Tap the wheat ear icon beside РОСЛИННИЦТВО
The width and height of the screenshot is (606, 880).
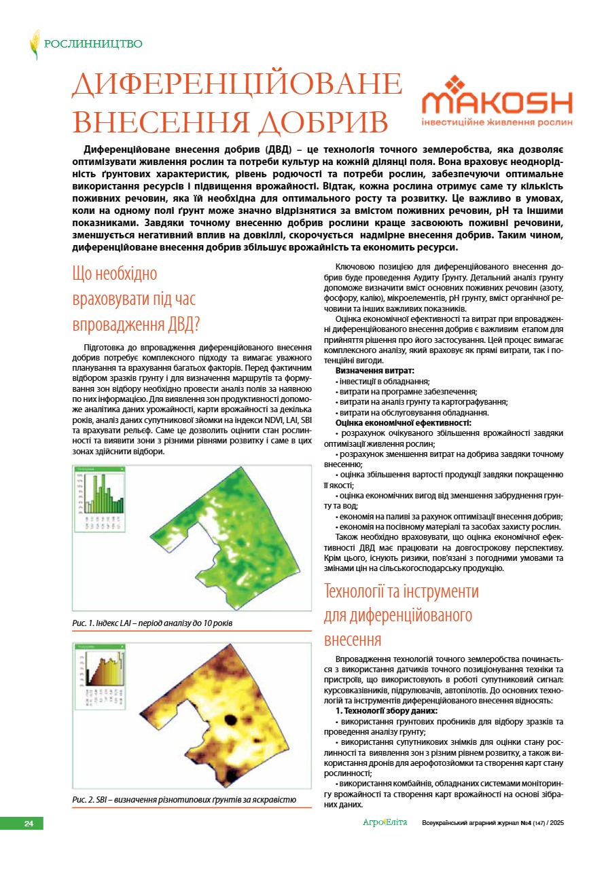click(34, 44)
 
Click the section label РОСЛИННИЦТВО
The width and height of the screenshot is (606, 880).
click(93, 44)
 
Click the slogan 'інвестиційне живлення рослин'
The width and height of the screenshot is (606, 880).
click(497, 123)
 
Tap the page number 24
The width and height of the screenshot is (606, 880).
click(29, 824)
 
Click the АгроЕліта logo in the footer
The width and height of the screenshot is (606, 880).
click(385, 823)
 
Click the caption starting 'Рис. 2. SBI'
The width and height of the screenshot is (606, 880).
click(184, 801)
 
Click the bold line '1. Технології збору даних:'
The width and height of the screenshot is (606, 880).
click(381, 710)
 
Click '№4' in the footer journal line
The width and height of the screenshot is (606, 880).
click(525, 823)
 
